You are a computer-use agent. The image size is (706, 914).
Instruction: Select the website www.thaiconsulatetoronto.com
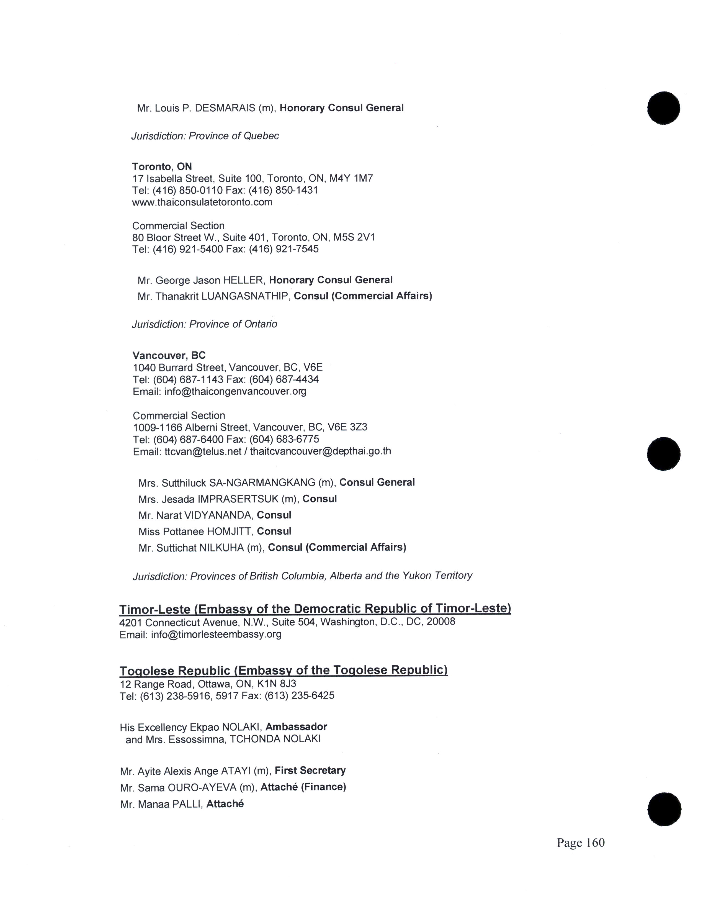pyautogui.click(x=202, y=202)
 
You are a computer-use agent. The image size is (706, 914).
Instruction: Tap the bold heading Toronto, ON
pyautogui.click(x=162, y=166)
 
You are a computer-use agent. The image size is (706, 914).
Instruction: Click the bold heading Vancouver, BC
pyautogui.click(x=169, y=355)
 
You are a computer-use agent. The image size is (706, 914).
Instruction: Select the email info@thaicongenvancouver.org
pyautogui.click(x=235, y=392)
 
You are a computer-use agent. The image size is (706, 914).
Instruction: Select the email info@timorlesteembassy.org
pyautogui.click(x=216, y=635)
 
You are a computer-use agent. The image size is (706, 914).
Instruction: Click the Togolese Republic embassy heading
pyautogui.click(x=283, y=670)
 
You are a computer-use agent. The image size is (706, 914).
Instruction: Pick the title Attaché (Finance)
pyautogui.click(x=303, y=787)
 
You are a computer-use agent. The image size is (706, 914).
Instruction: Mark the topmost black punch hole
pyautogui.click(x=663, y=108)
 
